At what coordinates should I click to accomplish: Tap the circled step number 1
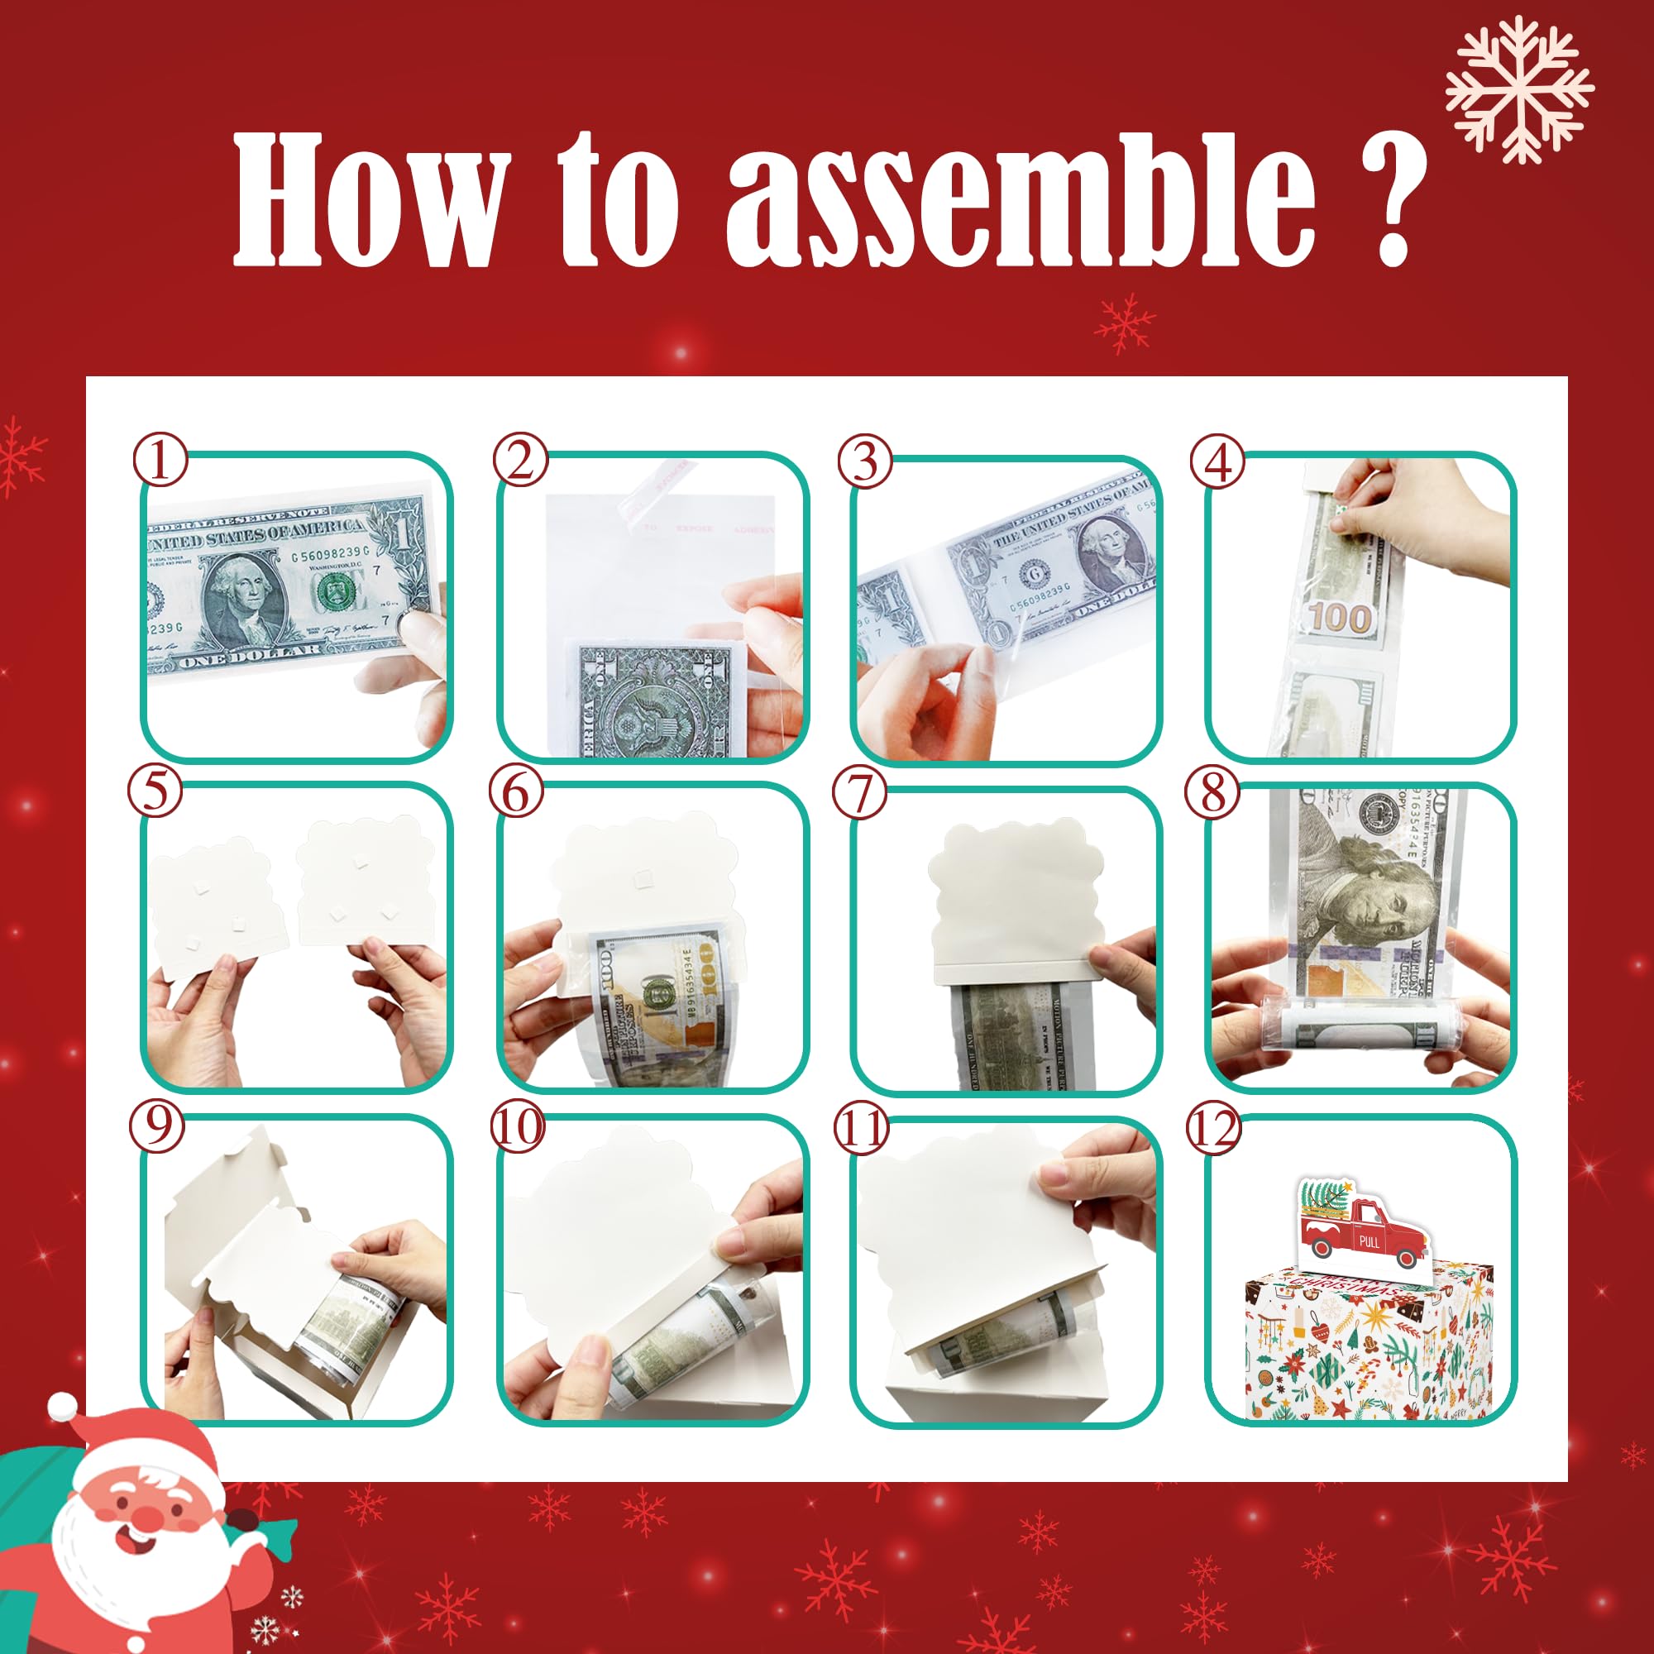tap(160, 463)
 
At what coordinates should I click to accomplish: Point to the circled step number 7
tap(860, 794)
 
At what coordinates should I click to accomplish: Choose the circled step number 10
tap(517, 1127)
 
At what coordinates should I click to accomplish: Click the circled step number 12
tap(1215, 1129)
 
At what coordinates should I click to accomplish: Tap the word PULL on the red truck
tap(1369, 1240)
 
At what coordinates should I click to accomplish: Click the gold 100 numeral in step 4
tap(1340, 619)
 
